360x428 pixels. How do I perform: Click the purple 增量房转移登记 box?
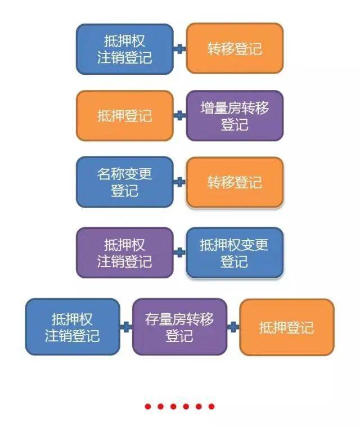tap(235, 116)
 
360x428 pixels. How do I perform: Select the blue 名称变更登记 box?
tap(125, 182)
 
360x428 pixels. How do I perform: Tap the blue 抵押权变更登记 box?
tap(235, 253)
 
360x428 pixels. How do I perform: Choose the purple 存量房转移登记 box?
tap(179, 327)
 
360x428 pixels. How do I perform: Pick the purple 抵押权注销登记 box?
tap(125, 253)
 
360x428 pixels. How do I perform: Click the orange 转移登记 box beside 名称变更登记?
tap(235, 182)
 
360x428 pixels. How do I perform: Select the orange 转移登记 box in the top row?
tap(235, 48)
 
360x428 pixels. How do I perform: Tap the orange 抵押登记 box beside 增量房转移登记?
tap(125, 116)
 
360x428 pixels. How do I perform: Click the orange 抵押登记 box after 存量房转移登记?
tap(287, 327)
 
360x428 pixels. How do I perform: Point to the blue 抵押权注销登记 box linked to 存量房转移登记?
tap(73, 327)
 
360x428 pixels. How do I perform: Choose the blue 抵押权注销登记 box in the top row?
tap(125, 49)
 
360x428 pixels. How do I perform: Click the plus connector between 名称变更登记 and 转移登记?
tap(180, 182)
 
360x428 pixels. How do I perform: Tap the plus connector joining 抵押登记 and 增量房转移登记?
tap(180, 115)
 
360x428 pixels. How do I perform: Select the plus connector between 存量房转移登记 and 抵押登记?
tap(233, 327)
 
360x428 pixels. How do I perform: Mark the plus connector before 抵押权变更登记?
tap(180, 253)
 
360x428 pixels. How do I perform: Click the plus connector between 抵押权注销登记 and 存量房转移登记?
tap(126, 327)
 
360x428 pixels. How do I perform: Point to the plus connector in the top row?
tap(180, 49)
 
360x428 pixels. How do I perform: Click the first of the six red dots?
tap(148, 407)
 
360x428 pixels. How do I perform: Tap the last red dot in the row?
tap(211, 407)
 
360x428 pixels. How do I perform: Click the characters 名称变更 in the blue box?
tap(125, 174)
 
